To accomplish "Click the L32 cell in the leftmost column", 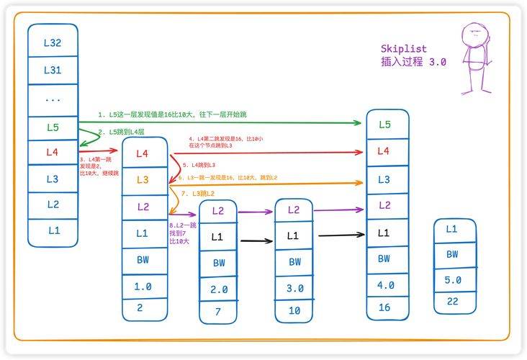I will pos(53,42).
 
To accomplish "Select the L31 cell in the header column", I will pos(53,70).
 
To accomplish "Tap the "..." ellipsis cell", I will pos(53,99).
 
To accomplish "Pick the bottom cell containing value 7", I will pos(220,311).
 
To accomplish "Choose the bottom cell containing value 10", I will pos(295,310).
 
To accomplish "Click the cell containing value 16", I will pos(384,308).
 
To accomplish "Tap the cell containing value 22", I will pos(452,302).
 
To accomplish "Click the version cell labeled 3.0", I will pos(295,288).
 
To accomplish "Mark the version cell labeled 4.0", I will pos(385,285).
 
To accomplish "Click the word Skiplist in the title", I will pos(403,49).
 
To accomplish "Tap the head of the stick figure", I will pos(473,33).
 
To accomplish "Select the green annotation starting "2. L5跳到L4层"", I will pos(122,132).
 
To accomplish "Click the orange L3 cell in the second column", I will pos(142,179).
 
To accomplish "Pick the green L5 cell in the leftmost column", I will pos(53,127).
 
